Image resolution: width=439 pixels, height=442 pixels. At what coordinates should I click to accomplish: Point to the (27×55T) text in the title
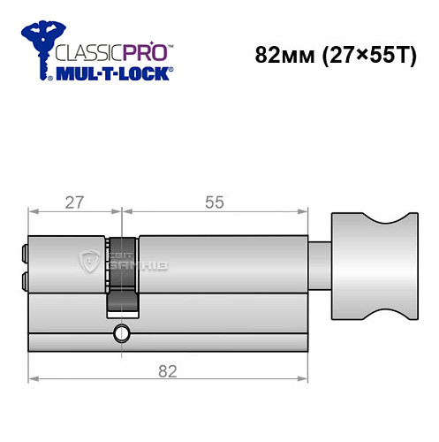pos(362,55)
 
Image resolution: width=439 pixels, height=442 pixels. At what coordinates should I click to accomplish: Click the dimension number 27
pos(73,202)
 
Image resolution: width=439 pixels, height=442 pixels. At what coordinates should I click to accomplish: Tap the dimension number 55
pos(215,202)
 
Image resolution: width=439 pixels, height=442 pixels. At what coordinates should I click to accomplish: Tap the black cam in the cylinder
pos(122,274)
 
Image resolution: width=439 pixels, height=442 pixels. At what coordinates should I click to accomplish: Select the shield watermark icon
pos(88,262)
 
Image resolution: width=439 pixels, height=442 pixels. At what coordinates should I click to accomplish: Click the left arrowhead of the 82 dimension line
pos(34,380)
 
